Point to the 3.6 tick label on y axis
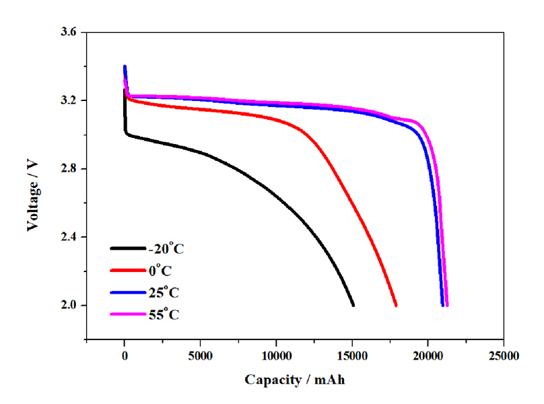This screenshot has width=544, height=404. (69, 32)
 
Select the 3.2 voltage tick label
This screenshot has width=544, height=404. (69, 100)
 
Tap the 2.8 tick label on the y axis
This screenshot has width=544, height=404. (69, 169)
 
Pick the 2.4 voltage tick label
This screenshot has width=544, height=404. (69, 237)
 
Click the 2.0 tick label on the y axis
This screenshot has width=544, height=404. (69, 305)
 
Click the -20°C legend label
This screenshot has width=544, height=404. (166, 249)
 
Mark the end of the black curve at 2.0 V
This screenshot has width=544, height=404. (353, 305)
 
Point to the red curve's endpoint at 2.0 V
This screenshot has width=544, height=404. (396, 305)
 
